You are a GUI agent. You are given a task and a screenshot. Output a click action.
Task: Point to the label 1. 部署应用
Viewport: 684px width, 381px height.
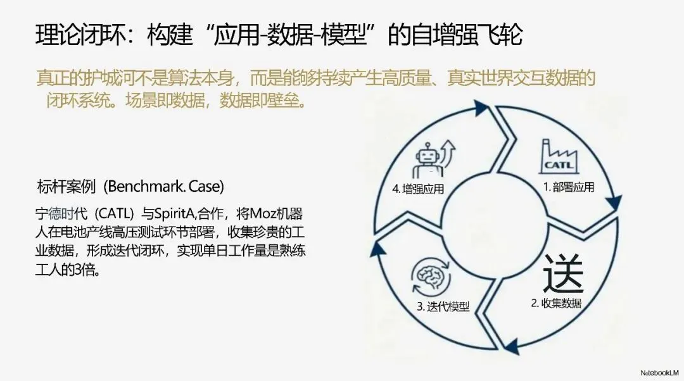(569, 187)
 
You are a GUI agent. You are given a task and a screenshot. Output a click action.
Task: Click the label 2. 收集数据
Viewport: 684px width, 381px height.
(556, 303)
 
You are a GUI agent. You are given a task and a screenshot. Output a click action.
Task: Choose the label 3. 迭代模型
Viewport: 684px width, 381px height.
(443, 306)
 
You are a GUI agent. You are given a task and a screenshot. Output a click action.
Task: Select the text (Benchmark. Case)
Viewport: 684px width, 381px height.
(165, 187)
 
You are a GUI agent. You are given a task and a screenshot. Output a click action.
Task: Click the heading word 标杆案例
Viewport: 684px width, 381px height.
(66, 187)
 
